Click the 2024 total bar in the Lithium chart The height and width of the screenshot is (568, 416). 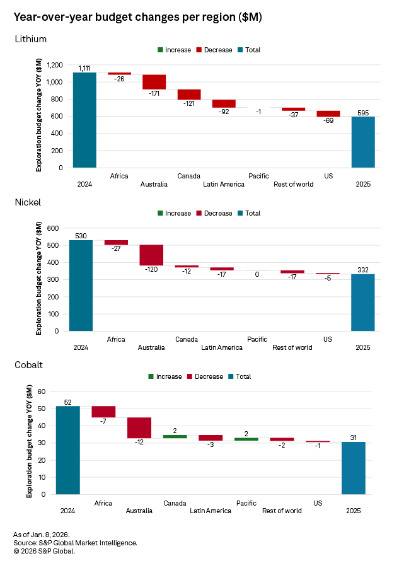pos(84,120)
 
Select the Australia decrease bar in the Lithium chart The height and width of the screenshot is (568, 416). pos(154,81)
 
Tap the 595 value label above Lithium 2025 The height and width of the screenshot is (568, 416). pos(363,112)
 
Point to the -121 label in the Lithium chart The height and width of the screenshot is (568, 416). pos(189,105)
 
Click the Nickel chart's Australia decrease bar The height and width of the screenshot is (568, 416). pos(151,255)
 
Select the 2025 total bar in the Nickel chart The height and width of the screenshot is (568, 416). pos(363,302)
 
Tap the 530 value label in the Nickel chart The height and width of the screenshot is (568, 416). pos(81,235)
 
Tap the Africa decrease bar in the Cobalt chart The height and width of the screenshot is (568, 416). pos(103,412)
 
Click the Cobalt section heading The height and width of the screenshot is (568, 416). pos(29,364)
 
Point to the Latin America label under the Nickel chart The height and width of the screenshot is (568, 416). pos(222,347)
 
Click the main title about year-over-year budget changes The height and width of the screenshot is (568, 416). pos(137,17)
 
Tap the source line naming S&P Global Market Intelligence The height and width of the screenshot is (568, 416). pos(75,543)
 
